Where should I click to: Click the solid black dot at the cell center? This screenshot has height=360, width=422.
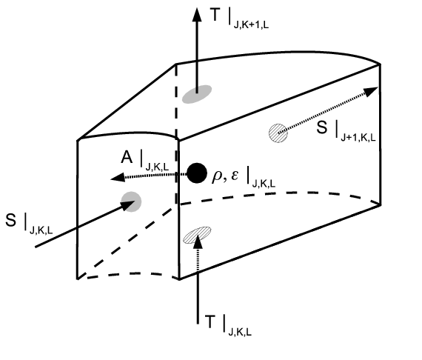[196, 173]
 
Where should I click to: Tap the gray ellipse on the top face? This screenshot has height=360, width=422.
[196, 94]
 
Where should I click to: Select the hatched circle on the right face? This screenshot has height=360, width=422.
[278, 133]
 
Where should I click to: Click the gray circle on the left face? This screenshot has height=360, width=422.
[132, 200]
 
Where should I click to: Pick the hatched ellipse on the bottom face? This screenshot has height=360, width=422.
[197, 235]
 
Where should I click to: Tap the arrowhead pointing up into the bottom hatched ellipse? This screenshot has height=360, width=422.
[197, 245]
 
